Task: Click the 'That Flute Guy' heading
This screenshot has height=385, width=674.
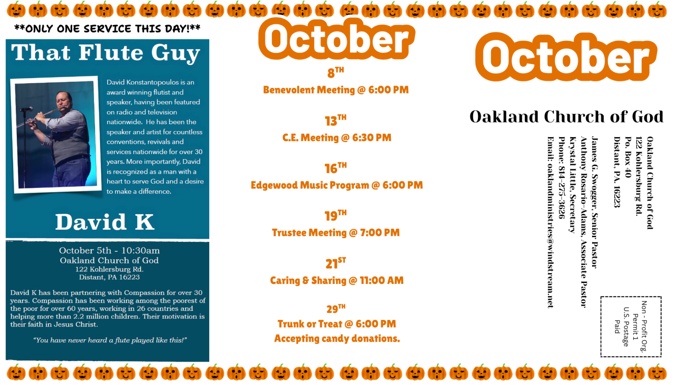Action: (106, 53)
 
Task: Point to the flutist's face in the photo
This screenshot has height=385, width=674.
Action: (64, 100)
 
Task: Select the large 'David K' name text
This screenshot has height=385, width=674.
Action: (105, 222)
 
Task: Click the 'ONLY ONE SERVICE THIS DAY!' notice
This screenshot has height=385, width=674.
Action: (108, 29)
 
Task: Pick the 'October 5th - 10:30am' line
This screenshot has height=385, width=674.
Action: (109, 250)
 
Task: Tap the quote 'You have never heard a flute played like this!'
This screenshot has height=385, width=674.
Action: (110, 340)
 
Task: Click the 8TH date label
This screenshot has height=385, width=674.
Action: (336, 73)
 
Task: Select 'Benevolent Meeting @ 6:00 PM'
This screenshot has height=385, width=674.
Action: (336, 90)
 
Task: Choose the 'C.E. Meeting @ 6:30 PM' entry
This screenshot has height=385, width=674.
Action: (337, 138)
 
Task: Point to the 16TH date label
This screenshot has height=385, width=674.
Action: (336, 168)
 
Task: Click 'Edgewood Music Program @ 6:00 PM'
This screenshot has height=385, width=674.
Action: (337, 185)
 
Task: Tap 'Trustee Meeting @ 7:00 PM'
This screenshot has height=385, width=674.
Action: (336, 233)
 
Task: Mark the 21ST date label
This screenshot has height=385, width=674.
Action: (336, 263)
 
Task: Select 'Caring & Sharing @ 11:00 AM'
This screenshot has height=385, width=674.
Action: (337, 280)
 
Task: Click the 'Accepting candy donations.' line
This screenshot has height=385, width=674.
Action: (337, 339)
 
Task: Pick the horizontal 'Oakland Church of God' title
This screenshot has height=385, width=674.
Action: (566, 116)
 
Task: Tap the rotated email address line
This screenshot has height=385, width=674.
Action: (550, 223)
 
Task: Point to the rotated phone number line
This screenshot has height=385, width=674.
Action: (562, 178)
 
